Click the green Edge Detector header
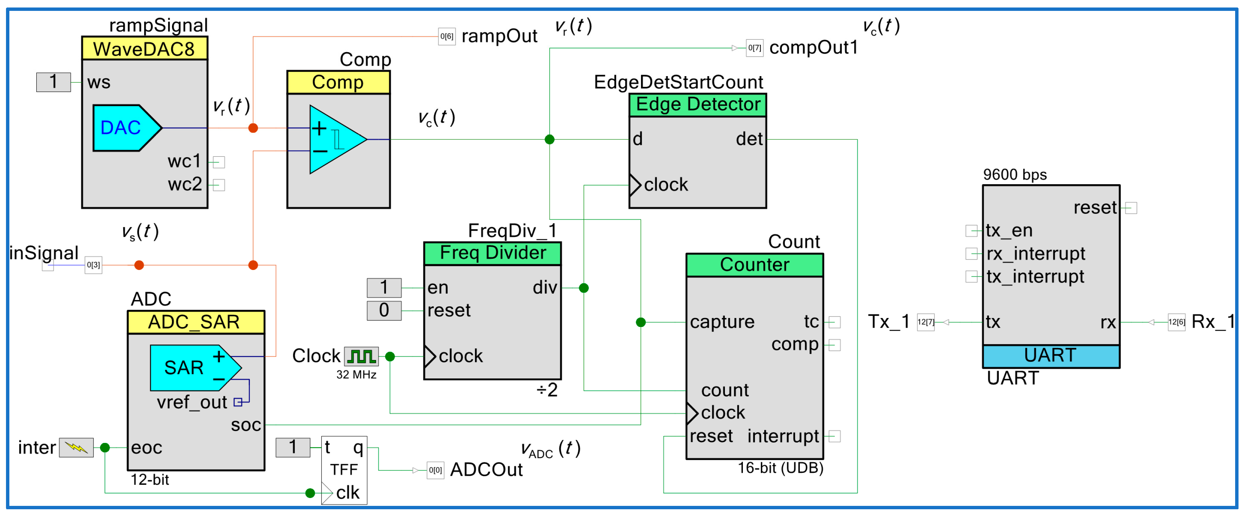point(697,105)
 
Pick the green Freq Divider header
point(492,253)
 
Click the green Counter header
point(754,265)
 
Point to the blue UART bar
point(1051,355)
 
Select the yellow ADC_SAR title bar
point(196,322)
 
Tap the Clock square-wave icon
point(361,357)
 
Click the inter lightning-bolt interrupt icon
point(76,447)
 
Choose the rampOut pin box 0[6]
point(447,36)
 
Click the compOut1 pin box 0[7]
point(754,48)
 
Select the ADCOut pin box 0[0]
point(435,470)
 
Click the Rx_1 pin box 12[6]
point(1176,322)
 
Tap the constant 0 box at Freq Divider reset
point(384,310)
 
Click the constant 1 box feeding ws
point(53,82)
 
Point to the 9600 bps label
point(1015,175)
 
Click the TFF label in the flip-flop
point(344,469)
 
